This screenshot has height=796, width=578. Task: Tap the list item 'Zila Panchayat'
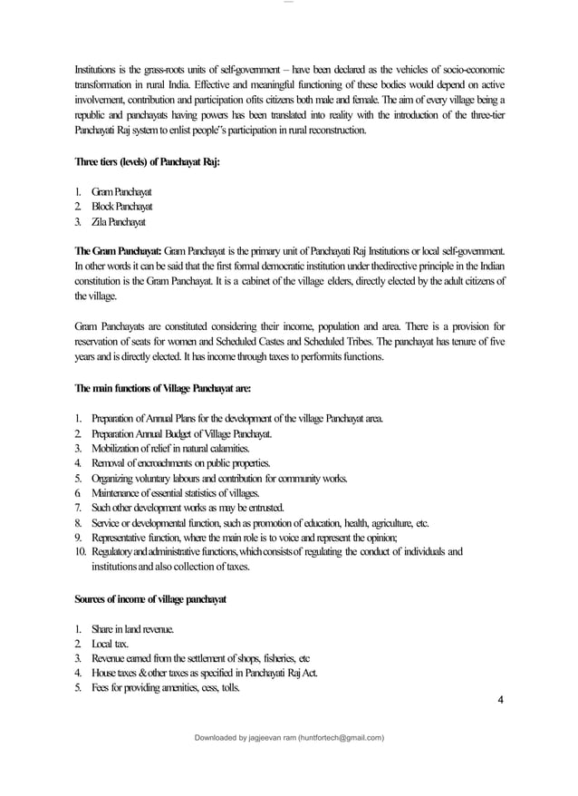click(x=116, y=221)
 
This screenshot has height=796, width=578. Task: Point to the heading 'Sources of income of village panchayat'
click(x=150, y=599)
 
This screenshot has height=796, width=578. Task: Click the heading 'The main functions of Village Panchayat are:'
click(x=163, y=387)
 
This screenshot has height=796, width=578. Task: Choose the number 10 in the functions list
click(x=79, y=552)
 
